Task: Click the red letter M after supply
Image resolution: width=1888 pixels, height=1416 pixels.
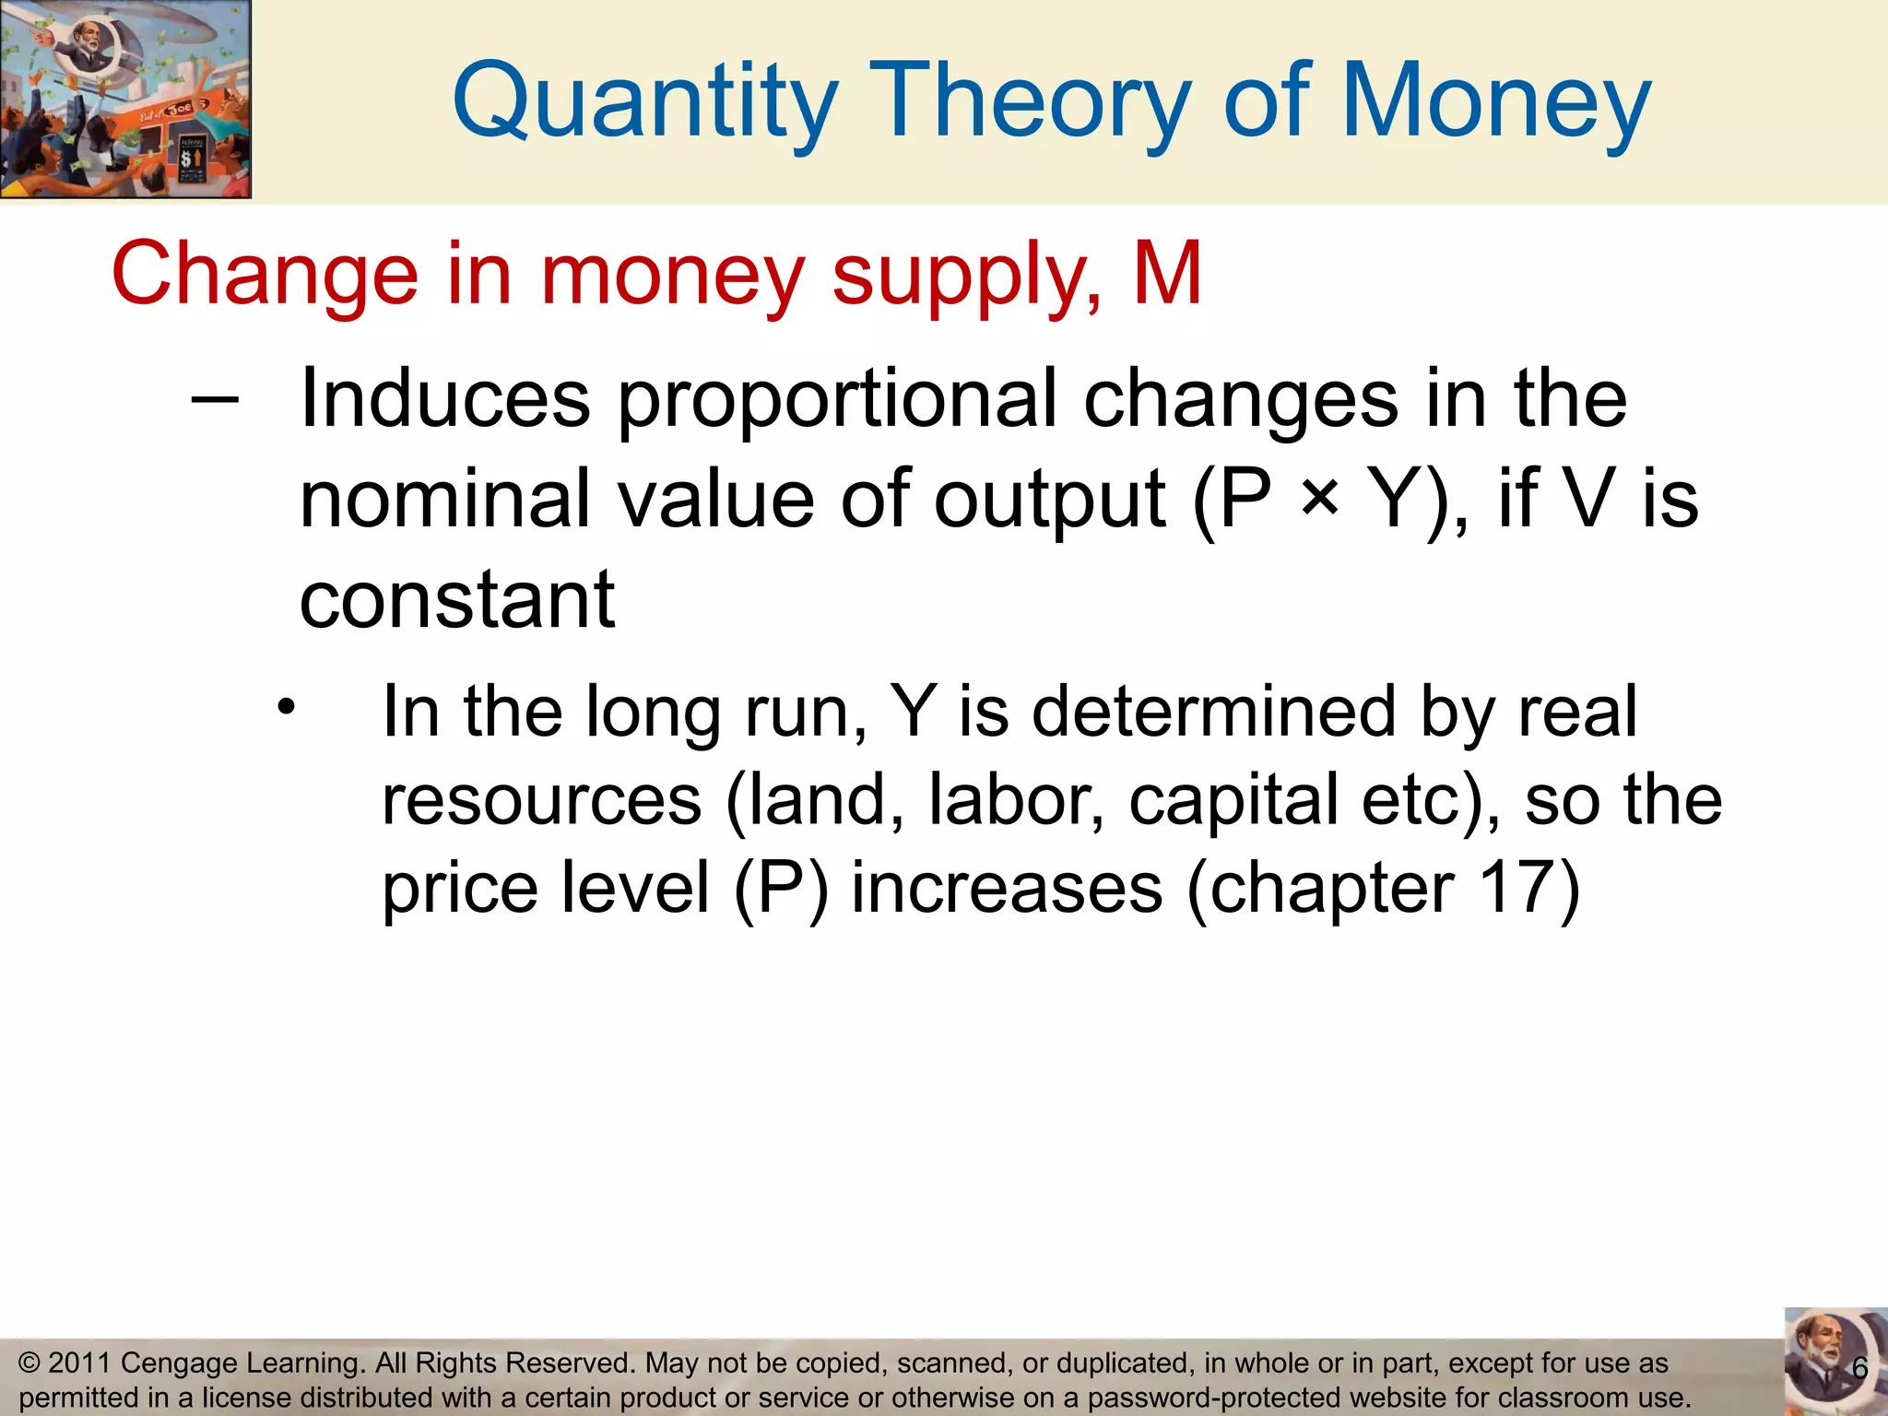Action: (1167, 273)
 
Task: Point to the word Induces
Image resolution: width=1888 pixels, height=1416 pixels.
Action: (445, 398)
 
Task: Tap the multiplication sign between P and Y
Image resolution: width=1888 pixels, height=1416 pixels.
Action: (1320, 499)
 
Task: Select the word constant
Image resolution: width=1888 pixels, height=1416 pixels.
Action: (457, 599)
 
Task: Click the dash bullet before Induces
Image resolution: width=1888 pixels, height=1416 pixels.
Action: (215, 399)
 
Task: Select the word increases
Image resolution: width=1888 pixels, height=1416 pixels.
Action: (1007, 887)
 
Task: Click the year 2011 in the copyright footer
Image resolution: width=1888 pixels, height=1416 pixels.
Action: (79, 1363)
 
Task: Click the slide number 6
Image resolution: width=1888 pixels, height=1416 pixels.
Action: (1859, 1369)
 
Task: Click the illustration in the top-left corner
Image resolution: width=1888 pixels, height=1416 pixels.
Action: (125, 99)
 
